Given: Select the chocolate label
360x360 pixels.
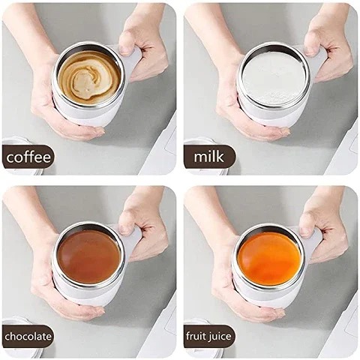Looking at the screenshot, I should point(28,336).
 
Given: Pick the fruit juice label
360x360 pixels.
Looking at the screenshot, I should point(209,336).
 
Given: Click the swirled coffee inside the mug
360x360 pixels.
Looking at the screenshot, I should point(88,75).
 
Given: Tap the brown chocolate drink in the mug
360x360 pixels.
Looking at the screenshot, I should point(88,256).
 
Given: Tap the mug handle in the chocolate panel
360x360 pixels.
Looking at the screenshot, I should point(132,241).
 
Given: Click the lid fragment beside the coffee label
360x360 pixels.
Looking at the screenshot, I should point(16,142).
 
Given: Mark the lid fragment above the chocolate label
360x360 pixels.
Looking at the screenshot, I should point(15,322).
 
